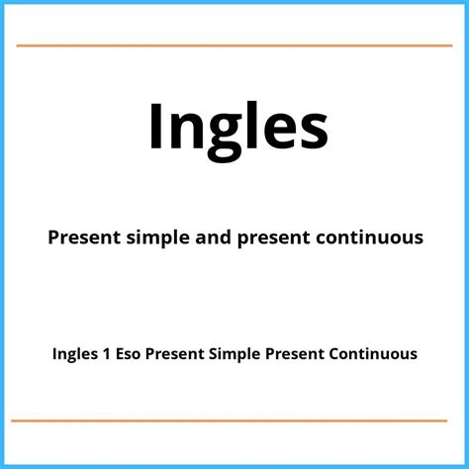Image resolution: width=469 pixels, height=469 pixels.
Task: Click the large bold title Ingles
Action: coord(238,131)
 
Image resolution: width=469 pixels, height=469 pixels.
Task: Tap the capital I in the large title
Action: coord(155,126)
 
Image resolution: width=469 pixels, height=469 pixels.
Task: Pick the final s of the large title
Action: coord(314,132)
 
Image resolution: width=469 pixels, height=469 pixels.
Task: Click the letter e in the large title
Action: coord(281,132)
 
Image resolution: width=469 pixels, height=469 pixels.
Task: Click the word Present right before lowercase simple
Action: coord(84,237)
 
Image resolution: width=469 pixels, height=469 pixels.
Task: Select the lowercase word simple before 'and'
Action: coord(158,238)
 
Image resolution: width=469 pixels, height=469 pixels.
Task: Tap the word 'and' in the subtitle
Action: coord(213,236)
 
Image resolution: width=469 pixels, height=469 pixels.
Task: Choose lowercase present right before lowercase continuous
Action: coord(273,238)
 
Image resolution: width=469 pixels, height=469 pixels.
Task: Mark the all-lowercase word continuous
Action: coord(370,237)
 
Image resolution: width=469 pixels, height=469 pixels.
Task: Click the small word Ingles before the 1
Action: coord(75,354)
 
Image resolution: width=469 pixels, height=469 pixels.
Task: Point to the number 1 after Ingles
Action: coord(107,354)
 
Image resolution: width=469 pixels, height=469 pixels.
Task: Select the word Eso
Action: coord(129,354)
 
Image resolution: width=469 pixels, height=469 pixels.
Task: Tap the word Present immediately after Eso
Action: coord(175,354)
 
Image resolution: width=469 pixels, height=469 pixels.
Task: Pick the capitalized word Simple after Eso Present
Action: coord(234,355)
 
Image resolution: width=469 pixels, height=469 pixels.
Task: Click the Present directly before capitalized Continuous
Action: coord(295,354)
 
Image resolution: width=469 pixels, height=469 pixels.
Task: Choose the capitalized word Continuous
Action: coord(373,354)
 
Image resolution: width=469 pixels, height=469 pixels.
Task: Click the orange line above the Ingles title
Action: coord(234,46)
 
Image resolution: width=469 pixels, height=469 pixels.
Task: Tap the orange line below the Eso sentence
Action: coord(230,421)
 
